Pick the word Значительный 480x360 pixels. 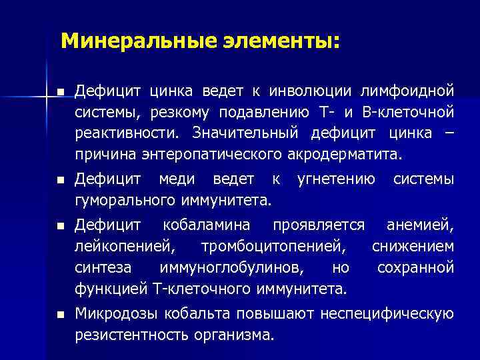pos(247,133)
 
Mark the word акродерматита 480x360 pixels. pos(346,155)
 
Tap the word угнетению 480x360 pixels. pos(336,179)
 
